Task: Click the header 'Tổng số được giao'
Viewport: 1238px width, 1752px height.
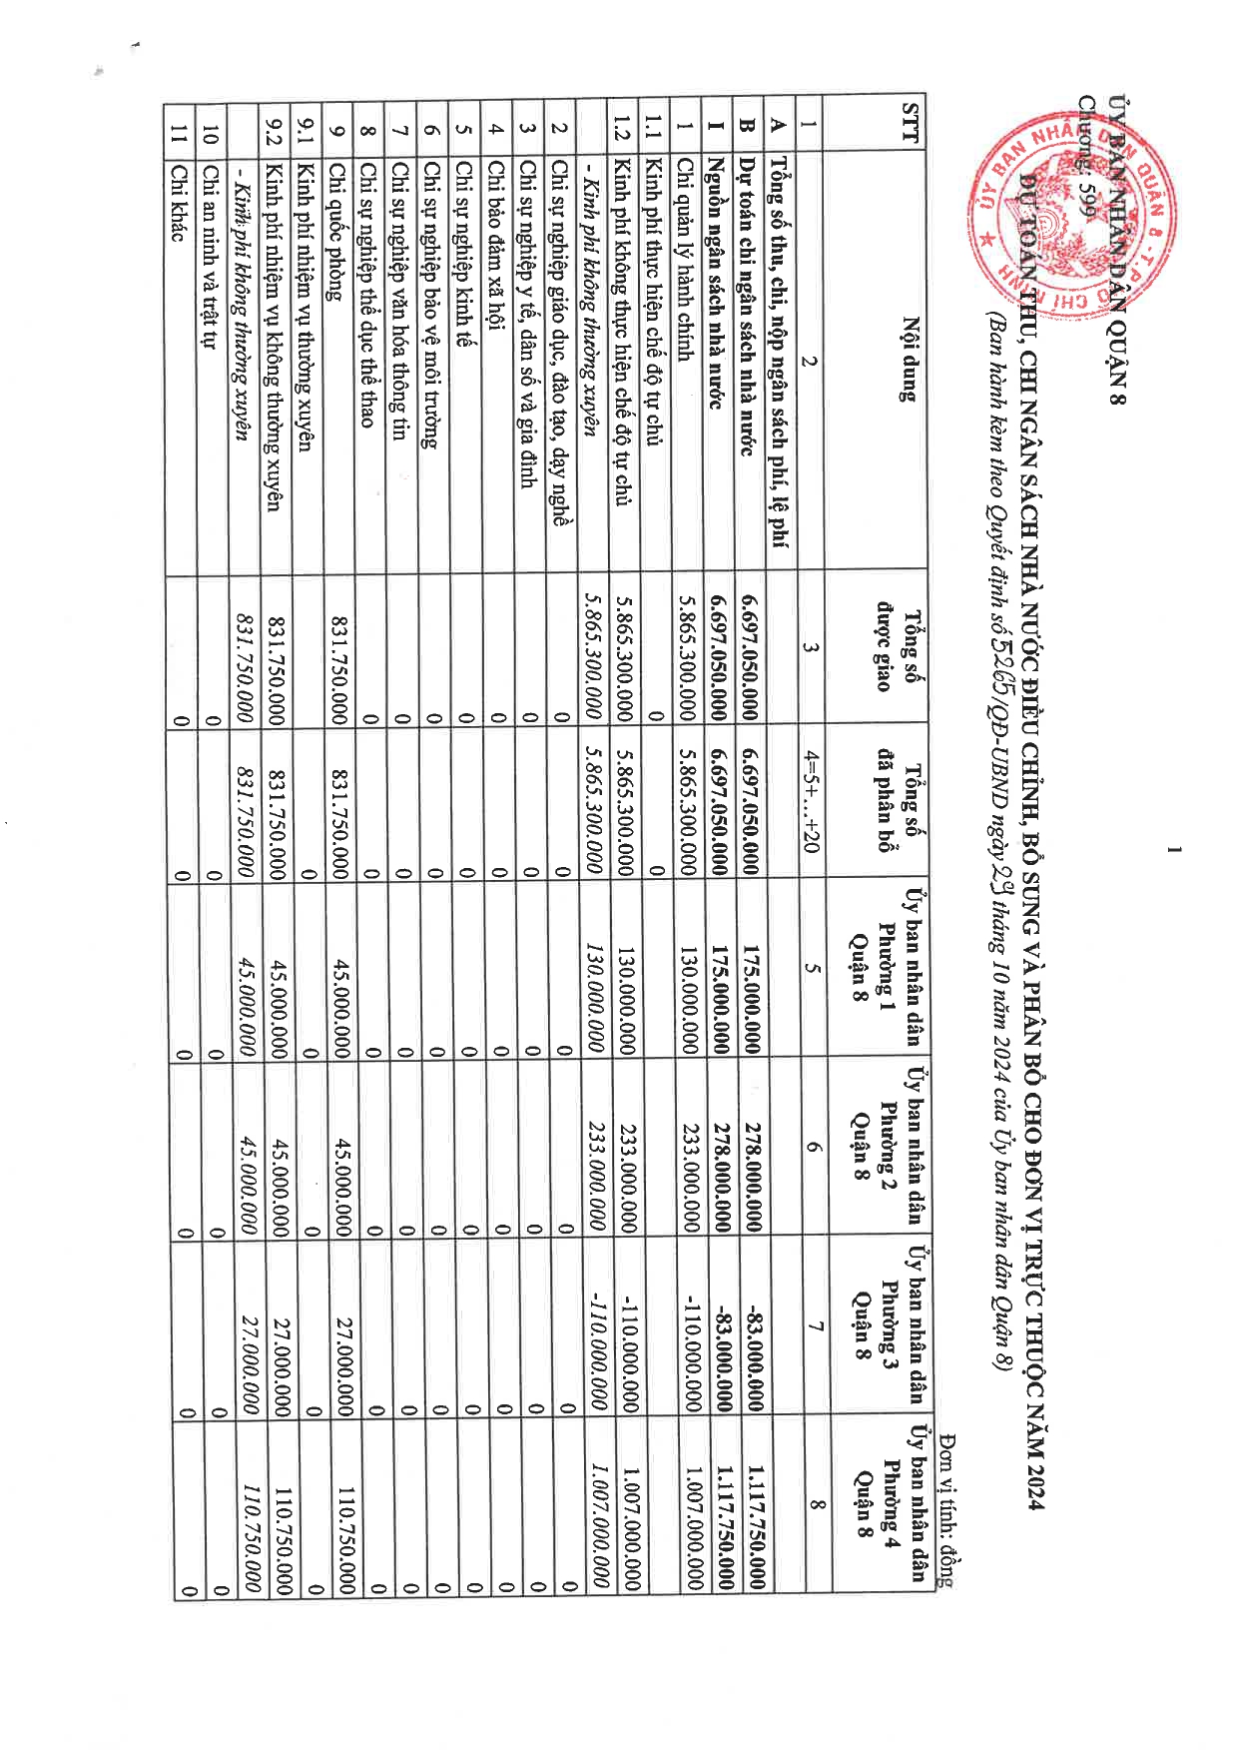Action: (x=894, y=649)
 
